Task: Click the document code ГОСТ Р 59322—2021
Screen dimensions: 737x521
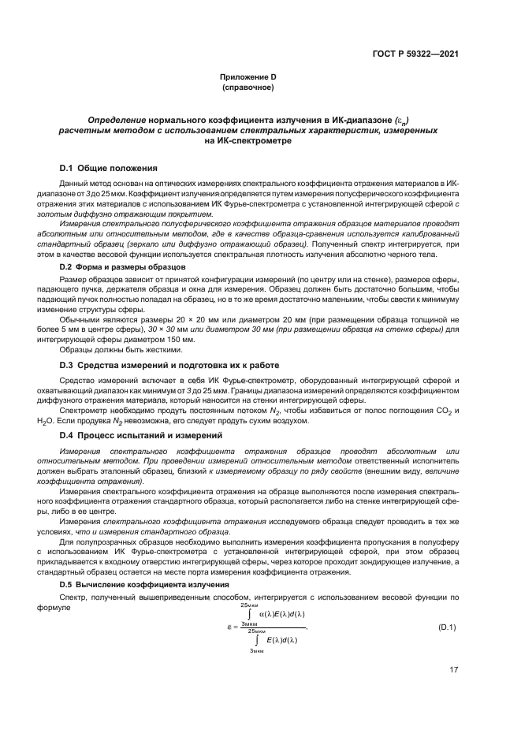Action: click(x=415, y=54)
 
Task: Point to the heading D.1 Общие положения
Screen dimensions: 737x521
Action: click(x=109, y=169)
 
